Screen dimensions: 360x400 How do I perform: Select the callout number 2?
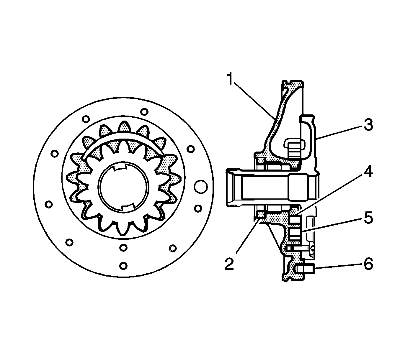229,263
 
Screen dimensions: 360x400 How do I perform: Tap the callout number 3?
368,125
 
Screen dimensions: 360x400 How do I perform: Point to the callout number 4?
368,172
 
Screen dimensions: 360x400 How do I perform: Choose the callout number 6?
368,264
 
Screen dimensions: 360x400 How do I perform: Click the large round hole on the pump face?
201,187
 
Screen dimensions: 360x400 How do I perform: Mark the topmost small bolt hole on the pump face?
144,112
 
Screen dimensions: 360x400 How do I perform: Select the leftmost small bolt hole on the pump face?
49,204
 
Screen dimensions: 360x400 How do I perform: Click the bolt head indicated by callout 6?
308,269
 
